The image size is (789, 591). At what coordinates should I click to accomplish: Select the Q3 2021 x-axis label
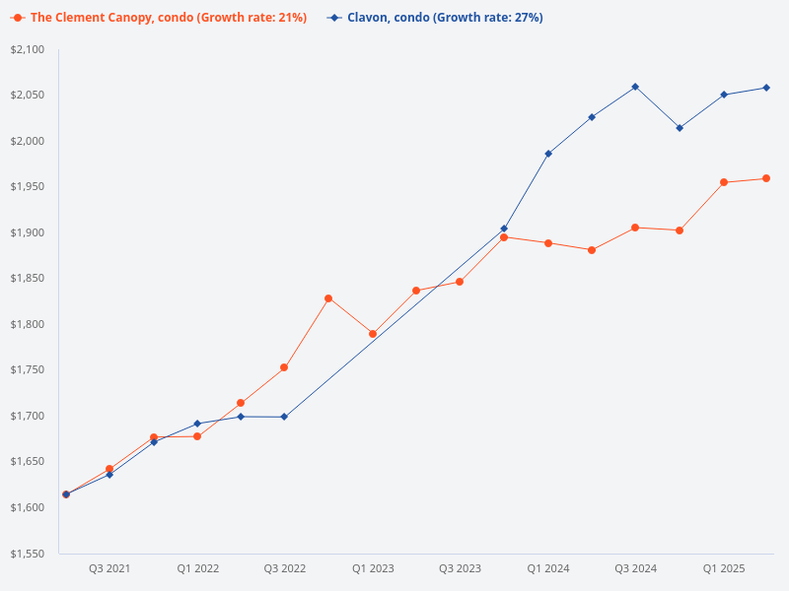(x=109, y=569)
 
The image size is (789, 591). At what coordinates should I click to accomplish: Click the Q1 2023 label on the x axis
(x=373, y=569)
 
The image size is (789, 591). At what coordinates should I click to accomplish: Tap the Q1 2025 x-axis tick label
(x=724, y=569)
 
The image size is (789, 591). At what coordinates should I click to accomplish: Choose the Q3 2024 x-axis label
(x=635, y=569)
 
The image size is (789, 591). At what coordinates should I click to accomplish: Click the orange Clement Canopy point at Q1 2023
(x=373, y=334)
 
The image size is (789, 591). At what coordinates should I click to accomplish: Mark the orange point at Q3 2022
(x=284, y=367)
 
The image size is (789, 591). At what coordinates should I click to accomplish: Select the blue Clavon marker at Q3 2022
(x=284, y=417)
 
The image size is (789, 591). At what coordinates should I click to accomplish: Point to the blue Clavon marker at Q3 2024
(x=635, y=87)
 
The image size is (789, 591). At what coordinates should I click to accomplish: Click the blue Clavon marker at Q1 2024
(x=548, y=154)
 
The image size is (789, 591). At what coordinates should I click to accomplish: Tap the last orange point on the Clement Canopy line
(x=766, y=178)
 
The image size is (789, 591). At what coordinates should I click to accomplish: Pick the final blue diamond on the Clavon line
(x=766, y=88)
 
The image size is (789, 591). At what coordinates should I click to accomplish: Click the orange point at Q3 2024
(x=635, y=228)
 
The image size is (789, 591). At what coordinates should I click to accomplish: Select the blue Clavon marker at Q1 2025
(x=724, y=95)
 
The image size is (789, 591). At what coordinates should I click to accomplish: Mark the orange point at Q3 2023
(x=460, y=282)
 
